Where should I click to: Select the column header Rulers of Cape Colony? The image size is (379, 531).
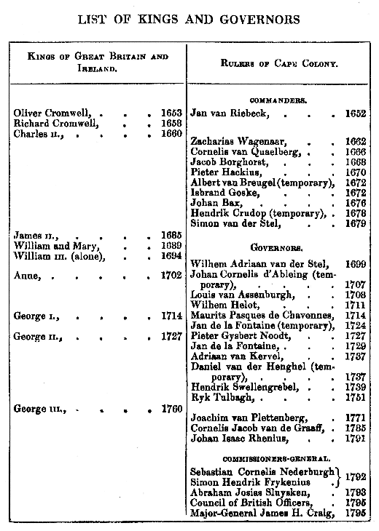279,63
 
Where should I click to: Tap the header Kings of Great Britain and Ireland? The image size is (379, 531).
97,63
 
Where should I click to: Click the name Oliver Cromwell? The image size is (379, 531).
49,113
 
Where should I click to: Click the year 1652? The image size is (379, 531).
356,114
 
